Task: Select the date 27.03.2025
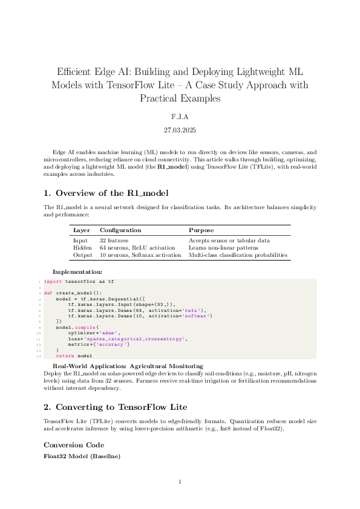click(180, 130)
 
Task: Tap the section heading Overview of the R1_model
click(111, 193)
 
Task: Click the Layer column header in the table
click(81, 230)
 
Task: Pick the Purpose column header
click(201, 230)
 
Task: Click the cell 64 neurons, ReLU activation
click(137, 248)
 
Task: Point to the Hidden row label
click(82, 248)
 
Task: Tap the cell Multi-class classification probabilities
click(238, 255)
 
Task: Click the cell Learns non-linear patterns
click(223, 248)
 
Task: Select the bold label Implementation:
click(77, 273)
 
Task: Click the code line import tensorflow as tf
click(79, 282)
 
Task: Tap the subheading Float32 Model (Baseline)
click(82, 456)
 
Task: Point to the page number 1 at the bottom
click(180, 482)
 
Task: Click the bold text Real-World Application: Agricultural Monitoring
click(128, 366)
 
